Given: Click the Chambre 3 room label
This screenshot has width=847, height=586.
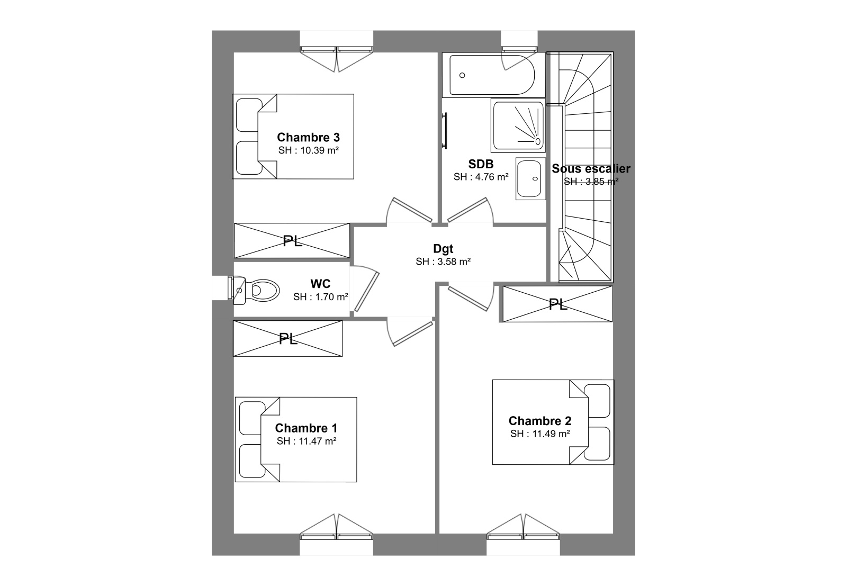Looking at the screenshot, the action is [308, 137].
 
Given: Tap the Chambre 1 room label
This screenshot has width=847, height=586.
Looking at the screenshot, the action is [306, 428].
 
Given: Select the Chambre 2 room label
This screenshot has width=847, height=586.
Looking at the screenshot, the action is [539, 421].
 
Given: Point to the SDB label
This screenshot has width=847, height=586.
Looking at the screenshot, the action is [481, 164].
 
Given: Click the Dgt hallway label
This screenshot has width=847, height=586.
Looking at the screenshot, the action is [443, 249].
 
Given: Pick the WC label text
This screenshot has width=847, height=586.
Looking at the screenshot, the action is [320, 284].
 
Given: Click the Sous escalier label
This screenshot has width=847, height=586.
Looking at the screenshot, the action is [591, 169].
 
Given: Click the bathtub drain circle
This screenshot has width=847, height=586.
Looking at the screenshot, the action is [462, 75].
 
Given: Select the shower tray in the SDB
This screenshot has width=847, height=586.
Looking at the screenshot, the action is [518, 125].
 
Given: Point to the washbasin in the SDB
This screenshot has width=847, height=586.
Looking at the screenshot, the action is [530, 178].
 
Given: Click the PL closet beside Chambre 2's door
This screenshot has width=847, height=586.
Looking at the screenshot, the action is [557, 304].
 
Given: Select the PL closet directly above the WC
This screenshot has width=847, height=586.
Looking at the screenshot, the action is [292, 241].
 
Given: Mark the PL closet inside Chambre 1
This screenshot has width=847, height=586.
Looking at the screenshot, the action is [288, 338].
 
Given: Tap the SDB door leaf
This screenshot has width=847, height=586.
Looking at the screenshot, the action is [467, 210].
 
